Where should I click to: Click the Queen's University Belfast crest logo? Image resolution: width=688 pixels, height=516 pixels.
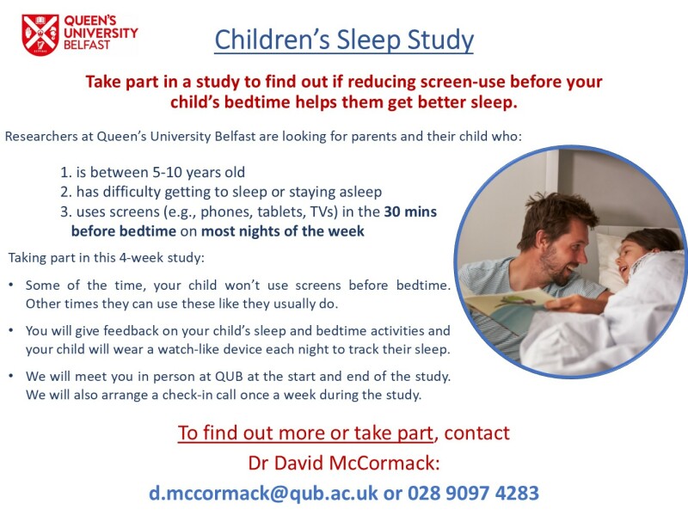click(x=40, y=34)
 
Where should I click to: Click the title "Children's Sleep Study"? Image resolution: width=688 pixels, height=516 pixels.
click(x=344, y=40)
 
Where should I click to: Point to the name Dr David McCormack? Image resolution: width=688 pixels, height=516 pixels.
click(x=343, y=464)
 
